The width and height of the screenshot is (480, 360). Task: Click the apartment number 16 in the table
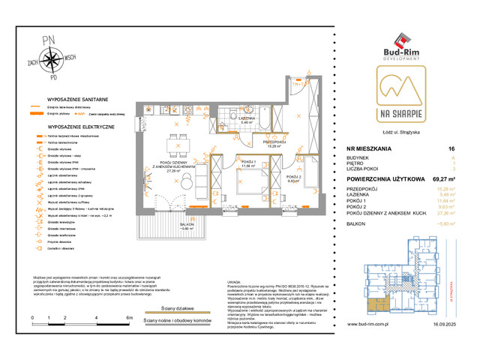pos(451,149)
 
